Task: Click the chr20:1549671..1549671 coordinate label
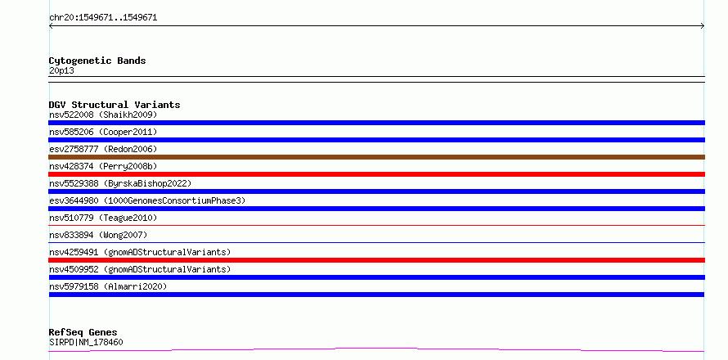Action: coord(103,18)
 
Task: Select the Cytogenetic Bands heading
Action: coord(97,61)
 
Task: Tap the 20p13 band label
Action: coord(61,71)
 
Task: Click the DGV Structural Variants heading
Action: coord(115,105)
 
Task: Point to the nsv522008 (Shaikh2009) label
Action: coord(103,115)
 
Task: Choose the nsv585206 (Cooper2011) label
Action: coord(103,132)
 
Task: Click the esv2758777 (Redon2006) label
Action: coord(103,149)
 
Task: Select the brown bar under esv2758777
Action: coord(376,157)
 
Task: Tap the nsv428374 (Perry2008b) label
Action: coord(103,166)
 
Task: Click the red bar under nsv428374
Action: coord(376,174)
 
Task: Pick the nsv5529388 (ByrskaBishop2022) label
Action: coord(120,183)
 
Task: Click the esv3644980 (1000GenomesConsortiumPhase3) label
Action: coord(147,200)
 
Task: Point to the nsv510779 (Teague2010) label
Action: coord(103,218)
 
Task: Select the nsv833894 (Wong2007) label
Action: coord(98,235)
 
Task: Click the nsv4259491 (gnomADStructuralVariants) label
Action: coord(140,252)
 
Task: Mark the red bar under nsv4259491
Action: coord(376,260)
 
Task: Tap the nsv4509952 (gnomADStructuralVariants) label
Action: coord(140,269)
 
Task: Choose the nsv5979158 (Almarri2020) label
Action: coord(108,286)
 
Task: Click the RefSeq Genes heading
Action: coord(83,333)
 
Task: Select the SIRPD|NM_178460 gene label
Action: coord(86,343)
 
